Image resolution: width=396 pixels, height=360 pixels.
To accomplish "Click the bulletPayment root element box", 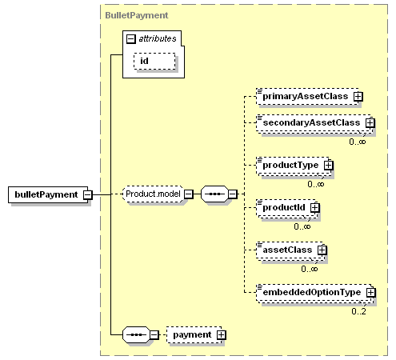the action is pyautogui.click(x=48, y=194).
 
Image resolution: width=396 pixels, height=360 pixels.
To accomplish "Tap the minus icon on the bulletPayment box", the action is pyautogui.click(x=88, y=194).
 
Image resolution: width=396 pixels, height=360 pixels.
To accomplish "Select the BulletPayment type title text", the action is pyautogui.click(x=137, y=15).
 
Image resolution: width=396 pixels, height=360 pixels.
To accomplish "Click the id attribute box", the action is pyautogui.click(x=154, y=61).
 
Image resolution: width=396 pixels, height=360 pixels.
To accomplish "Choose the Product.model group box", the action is pyautogui.click(x=153, y=194).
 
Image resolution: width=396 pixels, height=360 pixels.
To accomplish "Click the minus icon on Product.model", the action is pyautogui.click(x=189, y=194).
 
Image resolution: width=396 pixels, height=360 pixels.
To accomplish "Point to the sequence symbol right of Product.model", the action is pyautogui.click(x=214, y=194).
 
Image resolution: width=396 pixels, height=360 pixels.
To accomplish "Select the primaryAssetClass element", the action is pyautogui.click(x=307, y=96).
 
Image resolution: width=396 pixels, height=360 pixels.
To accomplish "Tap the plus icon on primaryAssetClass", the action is pyautogui.click(x=358, y=97).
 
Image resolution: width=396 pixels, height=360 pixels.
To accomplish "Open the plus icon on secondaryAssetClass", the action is pyautogui.click(x=370, y=123).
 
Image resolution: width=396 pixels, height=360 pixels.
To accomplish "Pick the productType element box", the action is pyautogui.click(x=294, y=166).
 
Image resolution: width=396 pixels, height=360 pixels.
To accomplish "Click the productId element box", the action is pyautogui.click(x=286, y=208).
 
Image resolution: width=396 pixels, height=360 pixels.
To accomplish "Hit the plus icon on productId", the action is pyautogui.click(x=315, y=207).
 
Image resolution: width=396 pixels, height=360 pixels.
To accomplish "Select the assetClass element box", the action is pyautogui.click(x=290, y=250).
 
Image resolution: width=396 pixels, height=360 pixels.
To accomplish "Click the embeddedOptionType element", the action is pyautogui.click(x=314, y=293).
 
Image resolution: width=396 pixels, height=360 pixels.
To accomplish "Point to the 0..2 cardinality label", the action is pyautogui.click(x=358, y=311).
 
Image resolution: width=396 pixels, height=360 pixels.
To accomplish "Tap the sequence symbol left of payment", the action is pyautogui.click(x=136, y=334).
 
